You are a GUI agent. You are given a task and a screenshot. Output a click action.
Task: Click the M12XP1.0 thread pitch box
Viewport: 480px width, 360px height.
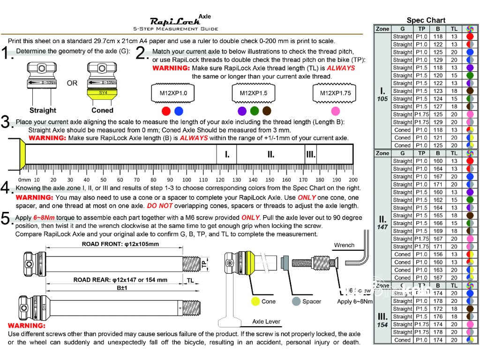coord(173,93)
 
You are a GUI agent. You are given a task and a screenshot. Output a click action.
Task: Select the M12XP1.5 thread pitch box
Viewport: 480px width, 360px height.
coord(254,93)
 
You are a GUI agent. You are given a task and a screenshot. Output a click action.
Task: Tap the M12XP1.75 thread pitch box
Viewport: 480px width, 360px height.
coord(335,93)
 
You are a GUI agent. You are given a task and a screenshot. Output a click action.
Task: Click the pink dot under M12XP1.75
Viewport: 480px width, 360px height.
coord(335,111)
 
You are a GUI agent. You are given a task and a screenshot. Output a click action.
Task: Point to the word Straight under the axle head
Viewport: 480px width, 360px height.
coord(43,111)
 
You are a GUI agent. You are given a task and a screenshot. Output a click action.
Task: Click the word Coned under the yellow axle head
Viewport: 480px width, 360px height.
coord(102,111)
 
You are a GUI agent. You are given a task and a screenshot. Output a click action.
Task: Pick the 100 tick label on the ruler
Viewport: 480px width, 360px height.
coord(187,180)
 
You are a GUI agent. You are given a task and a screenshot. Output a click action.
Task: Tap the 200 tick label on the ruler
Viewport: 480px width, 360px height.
coord(353,180)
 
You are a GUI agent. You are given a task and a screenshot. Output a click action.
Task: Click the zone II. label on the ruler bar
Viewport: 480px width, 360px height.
coord(270,154)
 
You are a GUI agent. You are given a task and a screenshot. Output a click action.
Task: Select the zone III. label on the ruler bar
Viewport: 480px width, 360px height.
coord(310,154)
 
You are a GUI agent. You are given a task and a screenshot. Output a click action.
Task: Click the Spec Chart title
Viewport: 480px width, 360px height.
coord(426,20)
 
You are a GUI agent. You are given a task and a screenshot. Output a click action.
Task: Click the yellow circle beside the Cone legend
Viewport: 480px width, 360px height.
coord(255,301)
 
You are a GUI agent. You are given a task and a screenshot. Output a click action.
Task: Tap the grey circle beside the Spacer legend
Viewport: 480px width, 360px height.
coord(295,301)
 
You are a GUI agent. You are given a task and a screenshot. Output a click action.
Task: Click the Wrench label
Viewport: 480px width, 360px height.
coord(344,245)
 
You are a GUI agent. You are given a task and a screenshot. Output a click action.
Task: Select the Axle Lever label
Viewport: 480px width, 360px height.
coord(266,322)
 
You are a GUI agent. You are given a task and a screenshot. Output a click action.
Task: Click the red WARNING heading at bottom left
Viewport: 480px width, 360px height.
coord(27,325)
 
